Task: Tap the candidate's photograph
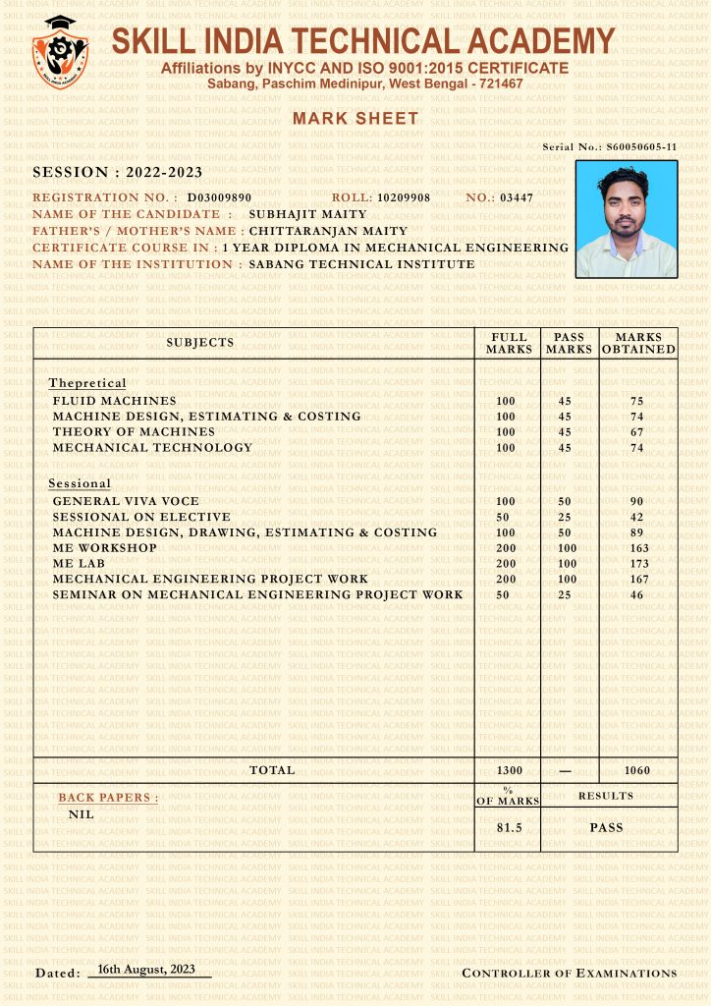(626, 218)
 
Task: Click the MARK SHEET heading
(355, 119)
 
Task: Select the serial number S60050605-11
(641, 147)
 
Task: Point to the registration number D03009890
(219, 197)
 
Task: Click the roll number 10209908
(404, 197)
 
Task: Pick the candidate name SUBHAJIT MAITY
(307, 213)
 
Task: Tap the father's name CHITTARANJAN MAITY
(328, 231)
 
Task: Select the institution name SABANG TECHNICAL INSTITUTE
(361, 264)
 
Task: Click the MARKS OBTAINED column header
(638, 343)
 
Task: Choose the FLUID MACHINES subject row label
(115, 401)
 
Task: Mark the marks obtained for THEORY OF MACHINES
(636, 432)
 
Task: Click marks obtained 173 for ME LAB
(636, 564)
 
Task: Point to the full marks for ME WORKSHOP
(506, 548)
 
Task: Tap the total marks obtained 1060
(637, 771)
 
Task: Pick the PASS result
(606, 828)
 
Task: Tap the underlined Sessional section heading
(80, 484)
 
